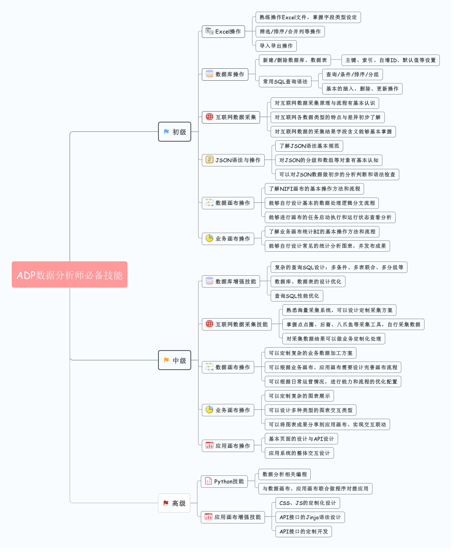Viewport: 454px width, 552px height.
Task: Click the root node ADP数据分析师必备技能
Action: click(x=70, y=274)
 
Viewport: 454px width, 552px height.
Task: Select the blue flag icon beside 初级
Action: click(x=166, y=132)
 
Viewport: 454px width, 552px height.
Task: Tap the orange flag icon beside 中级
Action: click(x=166, y=360)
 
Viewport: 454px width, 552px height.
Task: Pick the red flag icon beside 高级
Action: click(x=166, y=503)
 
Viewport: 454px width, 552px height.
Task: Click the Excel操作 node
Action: click(x=224, y=32)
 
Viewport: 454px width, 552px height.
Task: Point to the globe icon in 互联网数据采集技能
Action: click(x=210, y=324)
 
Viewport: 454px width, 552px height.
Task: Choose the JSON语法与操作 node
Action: click(x=233, y=160)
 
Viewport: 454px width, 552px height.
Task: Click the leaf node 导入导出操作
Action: click(x=276, y=46)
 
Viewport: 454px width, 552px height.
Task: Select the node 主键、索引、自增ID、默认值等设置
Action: click(x=391, y=60)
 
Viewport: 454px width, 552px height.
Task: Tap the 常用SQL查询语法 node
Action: click(x=285, y=82)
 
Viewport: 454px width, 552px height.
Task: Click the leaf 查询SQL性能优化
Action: click(x=297, y=296)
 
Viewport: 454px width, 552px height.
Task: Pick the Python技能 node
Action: click(x=224, y=482)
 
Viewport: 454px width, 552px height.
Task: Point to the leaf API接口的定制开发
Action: click(x=304, y=532)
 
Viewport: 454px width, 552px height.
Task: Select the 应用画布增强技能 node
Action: click(x=233, y=517)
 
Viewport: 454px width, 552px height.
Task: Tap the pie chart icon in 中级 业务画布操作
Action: click(x=210, y=410)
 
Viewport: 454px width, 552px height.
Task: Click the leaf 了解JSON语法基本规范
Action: click(x=309, y=146)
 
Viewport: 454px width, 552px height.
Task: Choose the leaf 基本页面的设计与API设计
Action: click(x=302, y=439)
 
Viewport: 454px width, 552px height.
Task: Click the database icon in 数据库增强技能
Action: click(x=210, y=281)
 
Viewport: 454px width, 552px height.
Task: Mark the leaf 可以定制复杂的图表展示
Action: click(x=300, y=396)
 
